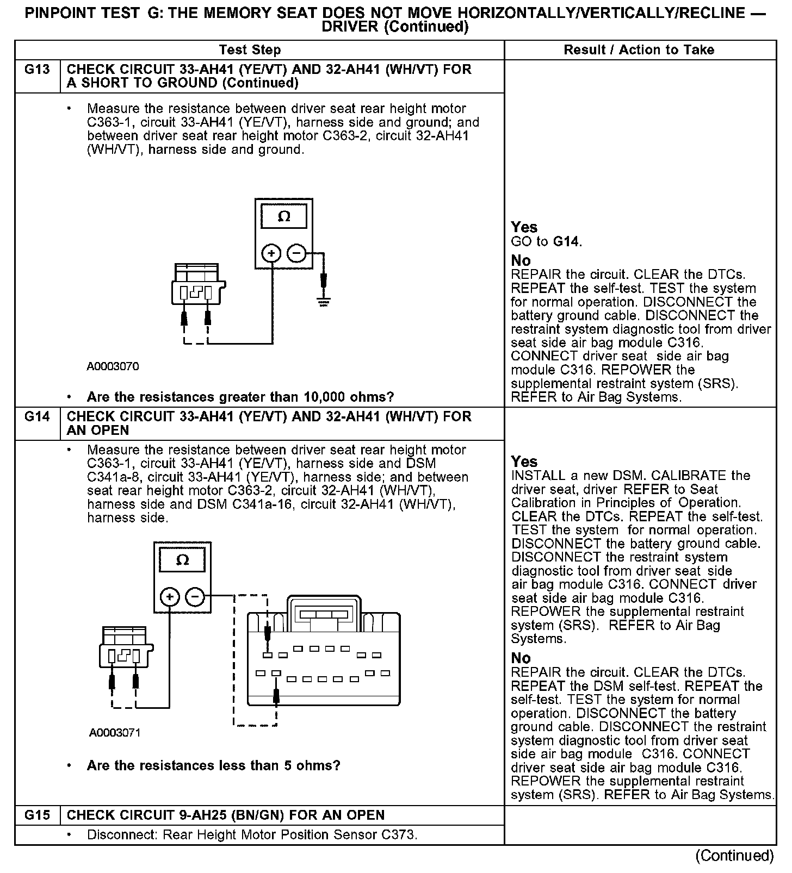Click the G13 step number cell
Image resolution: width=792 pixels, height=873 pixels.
37,70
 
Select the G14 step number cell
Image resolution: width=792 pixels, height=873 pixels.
37,417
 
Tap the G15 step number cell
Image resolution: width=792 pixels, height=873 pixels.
37,815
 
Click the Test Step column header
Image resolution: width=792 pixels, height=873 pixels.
250,50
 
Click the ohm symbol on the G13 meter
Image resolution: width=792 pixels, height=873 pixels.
283,217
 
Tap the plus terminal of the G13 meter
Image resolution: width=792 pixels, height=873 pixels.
271,253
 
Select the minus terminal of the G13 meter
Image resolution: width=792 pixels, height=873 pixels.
296,253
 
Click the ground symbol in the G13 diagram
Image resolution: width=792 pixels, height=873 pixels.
324,301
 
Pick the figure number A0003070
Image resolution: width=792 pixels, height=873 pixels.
113,366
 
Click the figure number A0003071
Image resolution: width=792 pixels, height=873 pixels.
115,733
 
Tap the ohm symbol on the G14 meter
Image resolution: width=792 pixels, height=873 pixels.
182,560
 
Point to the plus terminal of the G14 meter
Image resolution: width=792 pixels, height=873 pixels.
170,597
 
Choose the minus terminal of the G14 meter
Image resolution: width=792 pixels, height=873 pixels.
195,597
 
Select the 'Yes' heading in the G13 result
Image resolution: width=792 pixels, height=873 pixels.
524,227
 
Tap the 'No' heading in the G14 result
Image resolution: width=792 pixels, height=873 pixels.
521,658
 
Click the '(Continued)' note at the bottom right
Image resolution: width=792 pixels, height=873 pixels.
734,856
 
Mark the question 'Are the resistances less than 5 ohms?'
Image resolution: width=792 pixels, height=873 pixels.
213,766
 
